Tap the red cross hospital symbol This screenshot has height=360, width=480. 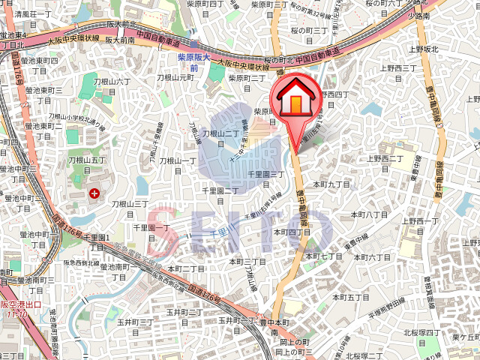click(94, 193)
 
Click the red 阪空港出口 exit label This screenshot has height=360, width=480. click(16, 309)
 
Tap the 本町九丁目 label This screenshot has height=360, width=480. click(332, 184)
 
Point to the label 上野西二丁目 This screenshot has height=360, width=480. click(385, 158)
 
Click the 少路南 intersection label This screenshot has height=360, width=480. click(440, 16)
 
